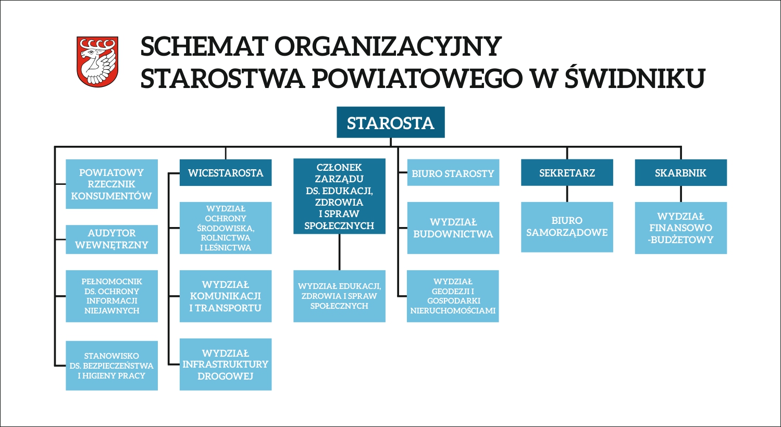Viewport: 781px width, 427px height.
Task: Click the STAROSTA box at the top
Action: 391,122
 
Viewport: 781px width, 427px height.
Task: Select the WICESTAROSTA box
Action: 226,172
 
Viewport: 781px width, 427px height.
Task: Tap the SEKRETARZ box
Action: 567,172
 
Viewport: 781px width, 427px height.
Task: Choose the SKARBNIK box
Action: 680,172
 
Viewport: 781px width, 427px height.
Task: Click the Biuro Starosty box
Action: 453,172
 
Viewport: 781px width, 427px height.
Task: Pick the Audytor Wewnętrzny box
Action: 111,239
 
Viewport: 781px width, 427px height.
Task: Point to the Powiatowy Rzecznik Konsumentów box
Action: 111,184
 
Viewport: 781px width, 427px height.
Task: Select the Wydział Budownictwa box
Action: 453,228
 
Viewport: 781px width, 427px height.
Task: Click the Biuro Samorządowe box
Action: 567,227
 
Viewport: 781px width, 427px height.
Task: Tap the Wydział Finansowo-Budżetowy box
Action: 680,228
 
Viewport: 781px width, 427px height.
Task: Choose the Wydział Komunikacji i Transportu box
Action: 226,296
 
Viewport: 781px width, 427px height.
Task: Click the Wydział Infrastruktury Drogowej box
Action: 226,365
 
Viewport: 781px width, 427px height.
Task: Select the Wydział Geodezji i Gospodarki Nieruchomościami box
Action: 453,296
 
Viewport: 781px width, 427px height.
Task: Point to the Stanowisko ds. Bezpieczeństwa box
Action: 111,366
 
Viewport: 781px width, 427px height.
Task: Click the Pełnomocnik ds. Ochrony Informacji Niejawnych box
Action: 111,296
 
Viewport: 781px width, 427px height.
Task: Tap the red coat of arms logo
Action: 97,61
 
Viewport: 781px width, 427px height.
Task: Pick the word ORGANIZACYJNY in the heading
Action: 388,46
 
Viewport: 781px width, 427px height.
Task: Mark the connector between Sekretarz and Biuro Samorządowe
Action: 567,194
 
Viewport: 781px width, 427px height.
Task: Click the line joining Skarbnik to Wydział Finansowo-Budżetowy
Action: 680,194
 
